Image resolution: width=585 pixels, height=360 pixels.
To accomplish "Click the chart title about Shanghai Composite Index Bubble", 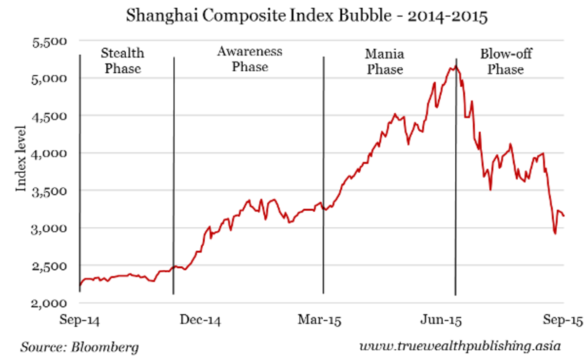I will tap(307, 17).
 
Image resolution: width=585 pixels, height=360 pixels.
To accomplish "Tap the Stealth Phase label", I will tap(123, 60).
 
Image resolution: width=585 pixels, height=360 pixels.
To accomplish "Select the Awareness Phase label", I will tap(250, 59).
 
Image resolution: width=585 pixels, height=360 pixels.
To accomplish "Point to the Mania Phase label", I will tap(385, 61).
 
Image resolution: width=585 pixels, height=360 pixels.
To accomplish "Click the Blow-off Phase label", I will tap(506, 61).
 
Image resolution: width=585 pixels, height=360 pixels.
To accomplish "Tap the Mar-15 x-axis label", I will tap(320, 320).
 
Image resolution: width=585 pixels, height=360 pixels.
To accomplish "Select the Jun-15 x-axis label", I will tap(441, 320).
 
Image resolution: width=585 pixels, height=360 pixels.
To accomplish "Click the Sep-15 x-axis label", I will tap(561, 320).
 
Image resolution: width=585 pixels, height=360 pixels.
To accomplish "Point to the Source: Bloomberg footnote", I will tap(79, 347).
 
